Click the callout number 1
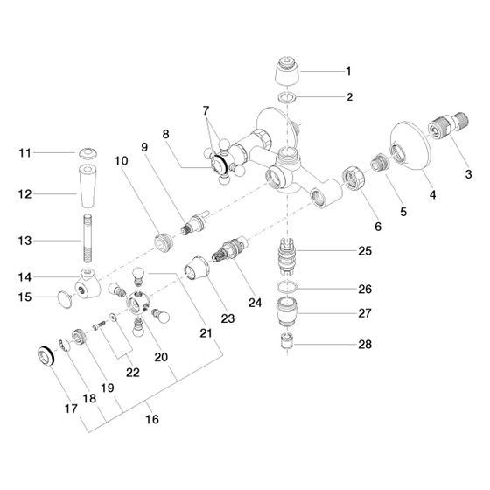pos(348,72)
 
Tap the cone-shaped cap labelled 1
pos(287,71)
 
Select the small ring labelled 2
pos(287,97)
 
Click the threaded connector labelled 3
pos(447,125)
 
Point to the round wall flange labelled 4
pos(410,146)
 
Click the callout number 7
pos(206,110)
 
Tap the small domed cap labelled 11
pos(87,153)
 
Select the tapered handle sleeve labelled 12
pos(87,185)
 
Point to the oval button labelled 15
pos(65,299)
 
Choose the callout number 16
pos(152,419)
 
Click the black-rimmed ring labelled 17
pos(45,356)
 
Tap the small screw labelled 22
pos(98,326)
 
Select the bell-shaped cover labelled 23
pos(196,269)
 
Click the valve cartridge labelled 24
pos(229,249)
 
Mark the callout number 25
pos(365,251)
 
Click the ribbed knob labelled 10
pos(164,242)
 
